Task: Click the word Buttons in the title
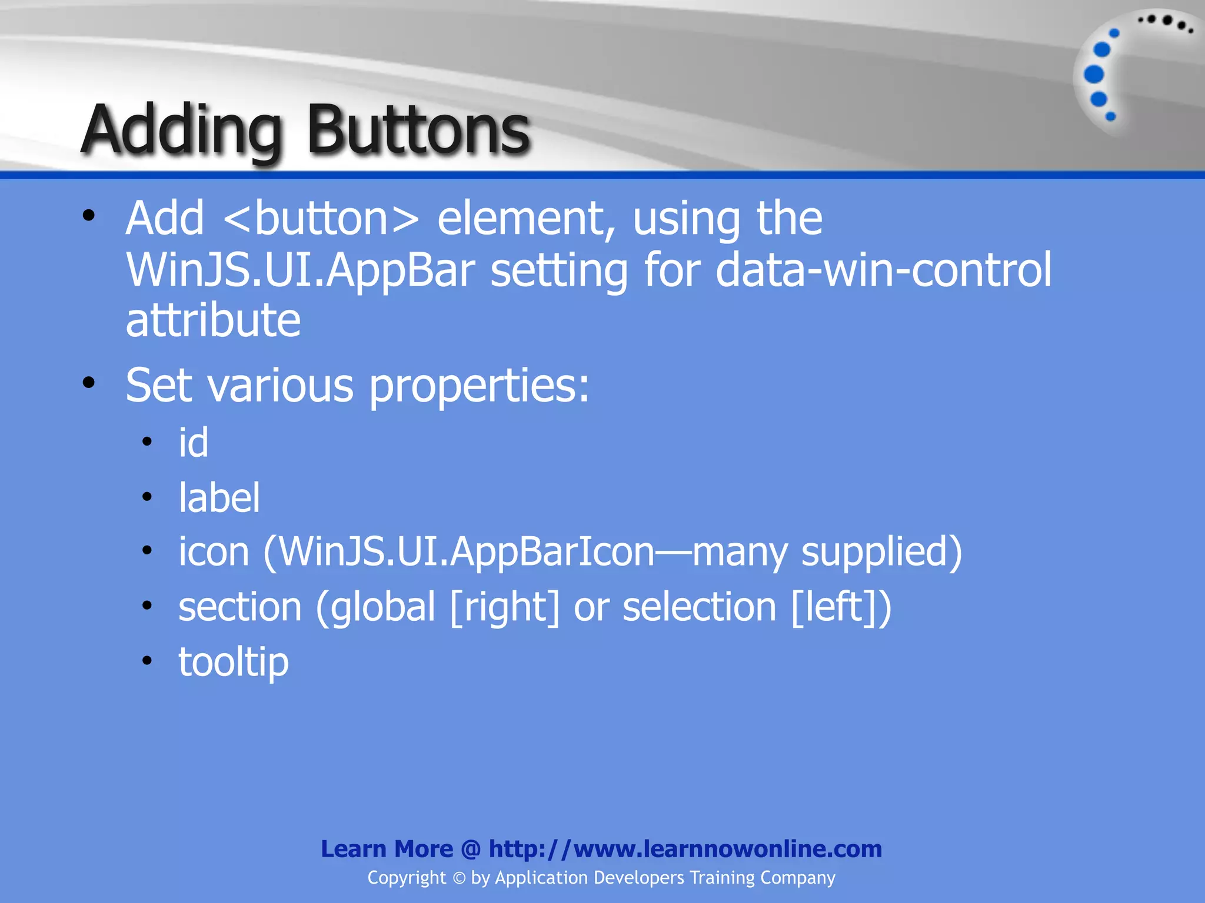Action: coord(418,131)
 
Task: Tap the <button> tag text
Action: coord(321,219)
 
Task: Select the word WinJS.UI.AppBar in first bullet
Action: coord(300,270)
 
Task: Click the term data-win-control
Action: coord(883,270)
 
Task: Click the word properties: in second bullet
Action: coord(479,387)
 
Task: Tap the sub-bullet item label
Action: coord(219,497)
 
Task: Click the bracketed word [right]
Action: coord(505,607)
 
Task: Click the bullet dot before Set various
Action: coord(89,384)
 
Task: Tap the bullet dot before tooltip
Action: coord(147,660)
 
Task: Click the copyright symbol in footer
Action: coord(459,878)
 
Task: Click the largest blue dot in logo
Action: coord(1094,75)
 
